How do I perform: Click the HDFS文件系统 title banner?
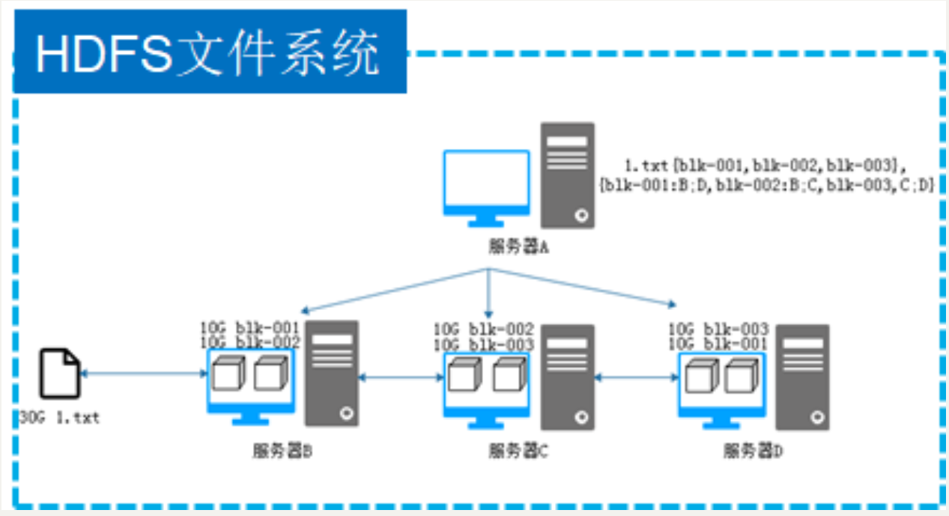(210, 52)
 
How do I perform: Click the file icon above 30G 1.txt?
(60, 372)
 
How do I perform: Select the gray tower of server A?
(569, 174)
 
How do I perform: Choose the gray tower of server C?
(568, 377)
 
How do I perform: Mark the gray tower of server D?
(802, 377)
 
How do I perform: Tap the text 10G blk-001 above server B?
(249, 327)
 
